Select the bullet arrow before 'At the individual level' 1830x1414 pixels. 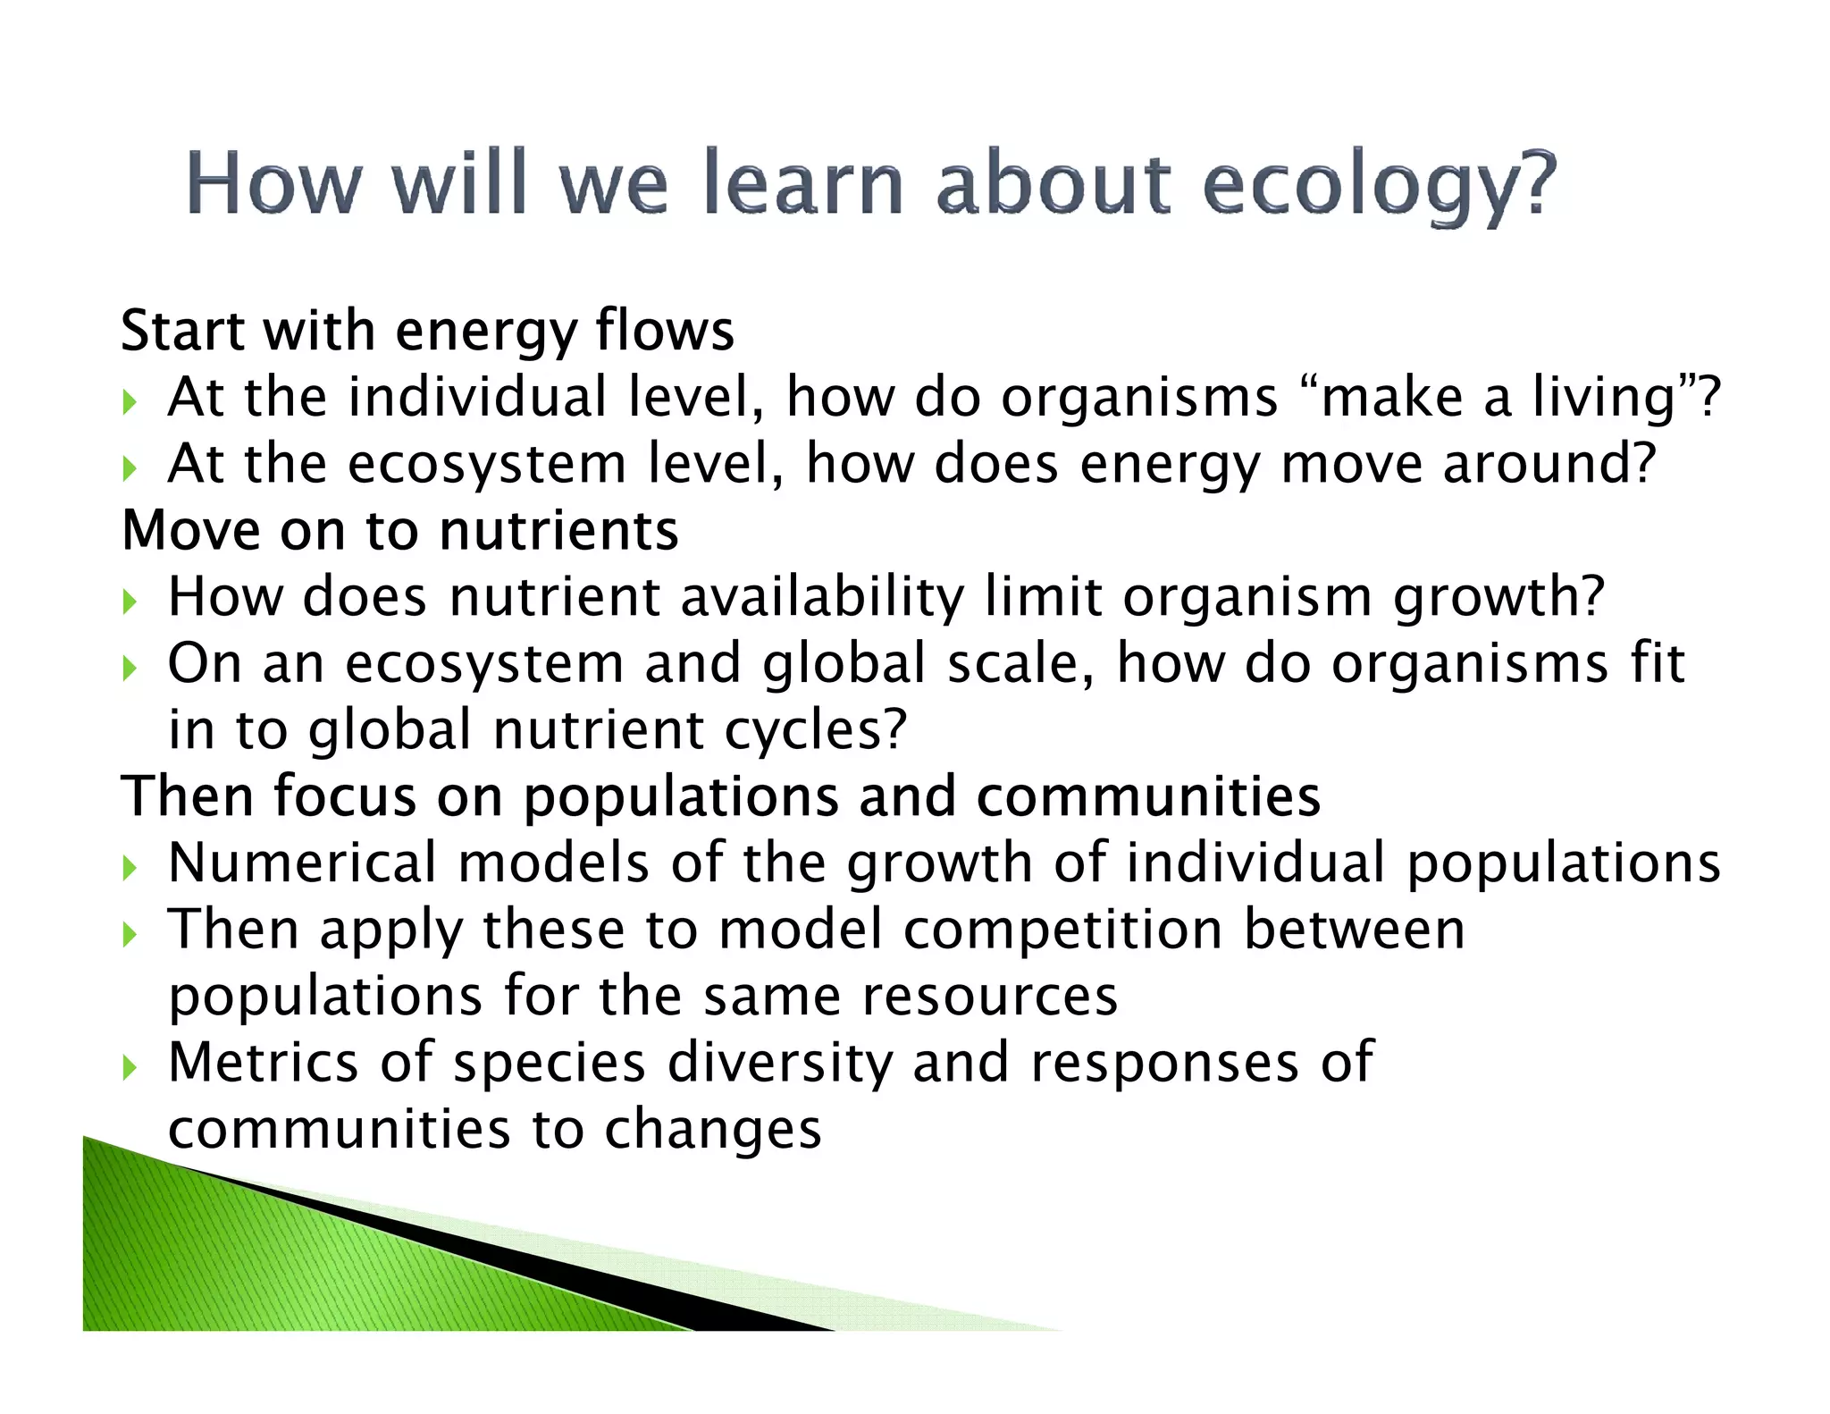(130, 400)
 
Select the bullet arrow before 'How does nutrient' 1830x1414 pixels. (130, 601)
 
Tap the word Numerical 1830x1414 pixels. (302, 863)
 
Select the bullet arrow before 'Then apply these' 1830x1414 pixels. (130, 934)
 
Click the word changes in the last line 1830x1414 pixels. (712, 1129)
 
